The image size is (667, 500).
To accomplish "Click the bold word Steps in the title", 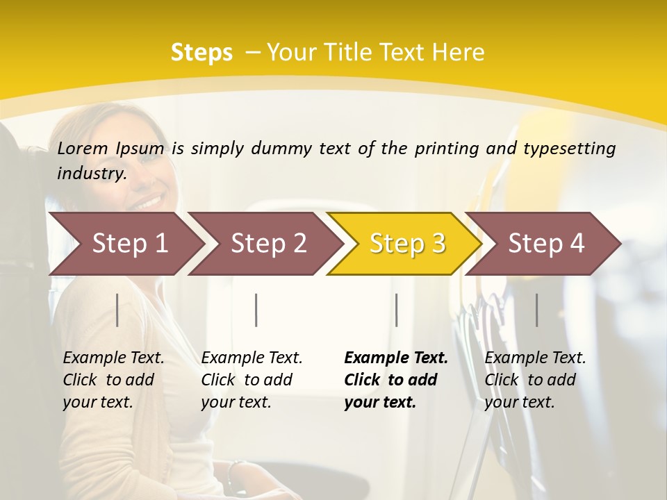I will [x=201, y=53].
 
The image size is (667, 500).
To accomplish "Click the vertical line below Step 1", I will [x=117, y=310].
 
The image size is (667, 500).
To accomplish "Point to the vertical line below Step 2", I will [x=256, y=310].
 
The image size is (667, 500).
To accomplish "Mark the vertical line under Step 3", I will [x=397, y=310].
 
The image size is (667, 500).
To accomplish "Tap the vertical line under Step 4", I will [x=537, y=310].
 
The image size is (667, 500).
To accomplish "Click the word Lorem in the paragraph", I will [x=82, y=148].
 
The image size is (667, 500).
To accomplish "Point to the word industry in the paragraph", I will [x=91, y=174].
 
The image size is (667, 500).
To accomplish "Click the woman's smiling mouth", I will [x=147, y=202].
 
